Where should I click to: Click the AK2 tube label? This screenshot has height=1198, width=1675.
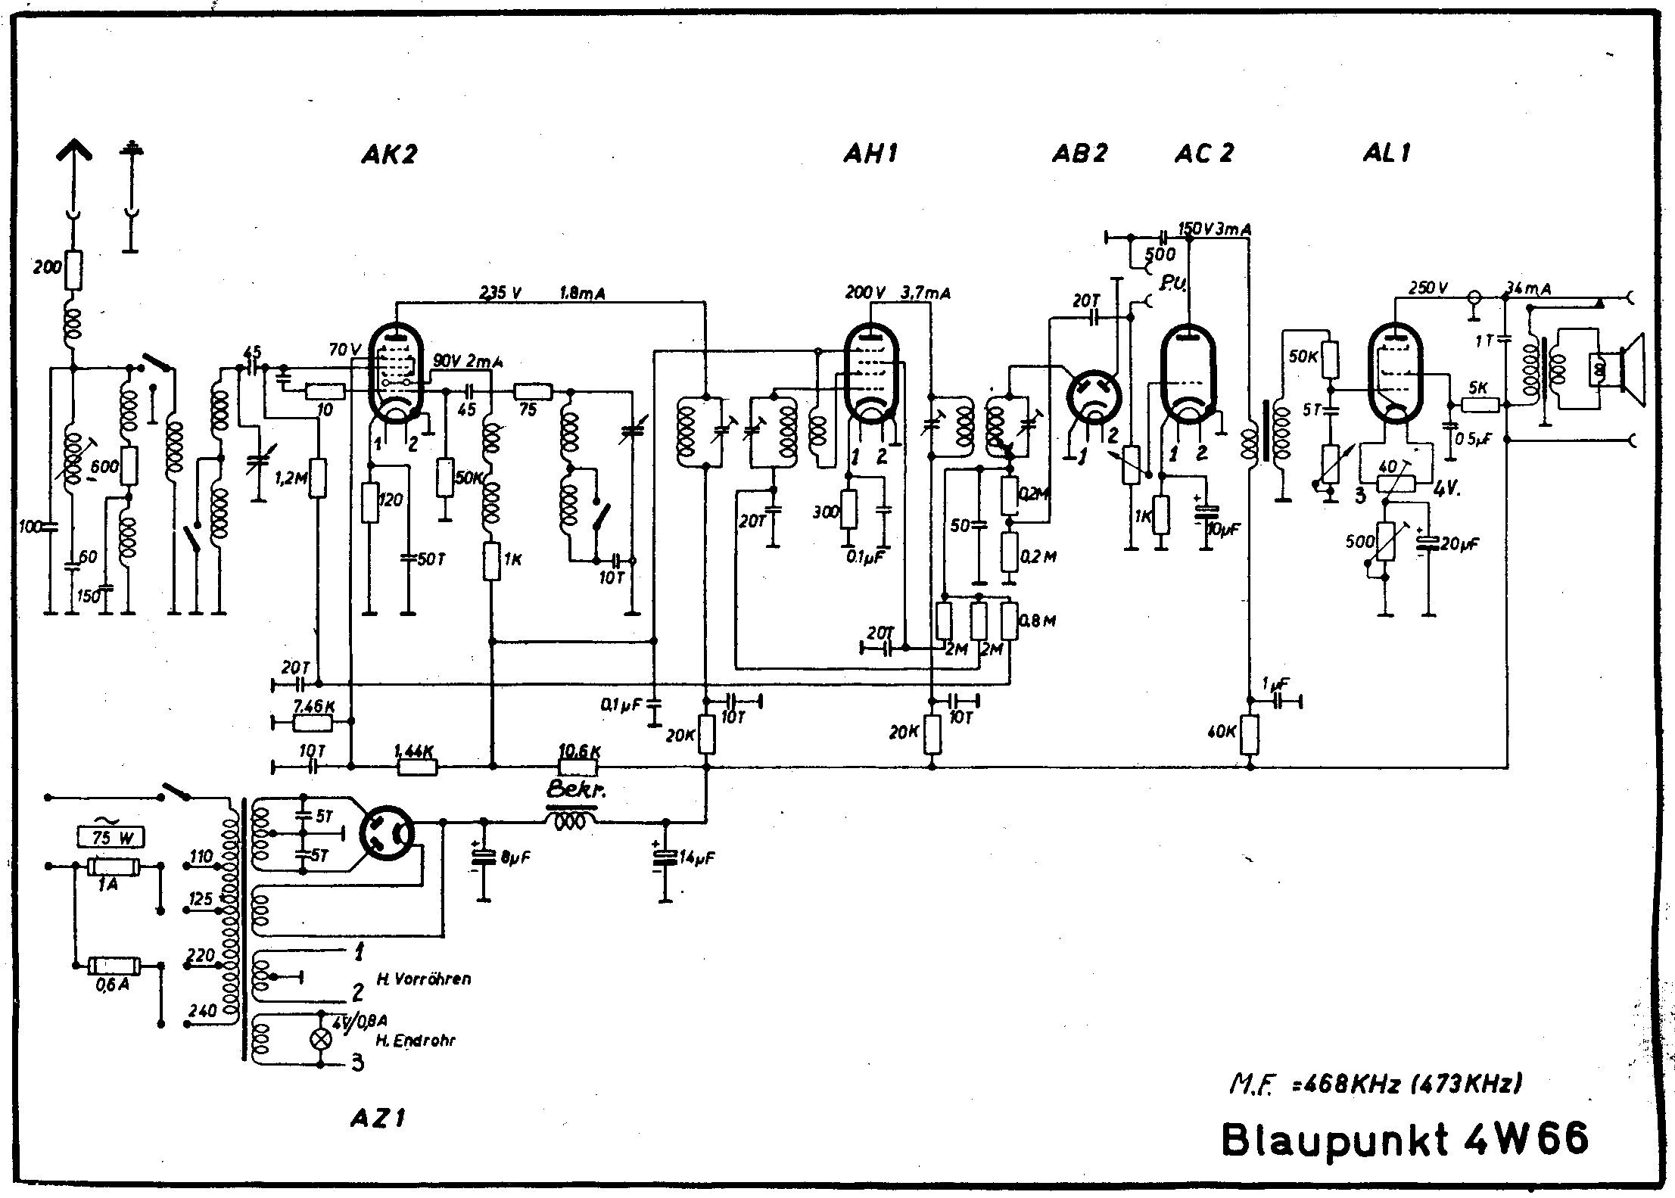coord(390,154)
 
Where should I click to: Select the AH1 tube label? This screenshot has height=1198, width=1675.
coord(870,154)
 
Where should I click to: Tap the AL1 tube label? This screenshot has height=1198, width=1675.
coord(1387,154)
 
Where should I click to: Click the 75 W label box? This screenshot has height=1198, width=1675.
coord(111,838)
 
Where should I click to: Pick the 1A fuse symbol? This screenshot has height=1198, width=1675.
coord(112,867)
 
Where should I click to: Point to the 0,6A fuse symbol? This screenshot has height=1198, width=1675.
coord(112,966)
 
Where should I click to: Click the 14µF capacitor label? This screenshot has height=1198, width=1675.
coord(696,857)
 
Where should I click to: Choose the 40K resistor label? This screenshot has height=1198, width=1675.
coord(1222,733)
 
